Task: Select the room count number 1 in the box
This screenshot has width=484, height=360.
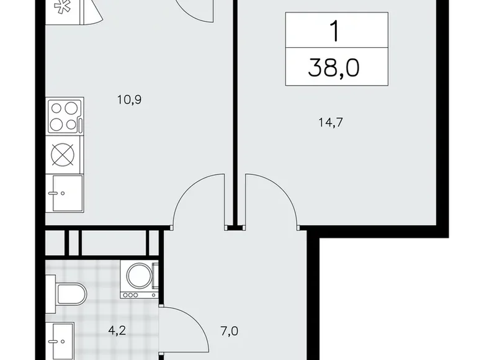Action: (x=336, y=31)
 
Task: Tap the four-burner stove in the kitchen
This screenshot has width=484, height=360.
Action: (x=65, y=116)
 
